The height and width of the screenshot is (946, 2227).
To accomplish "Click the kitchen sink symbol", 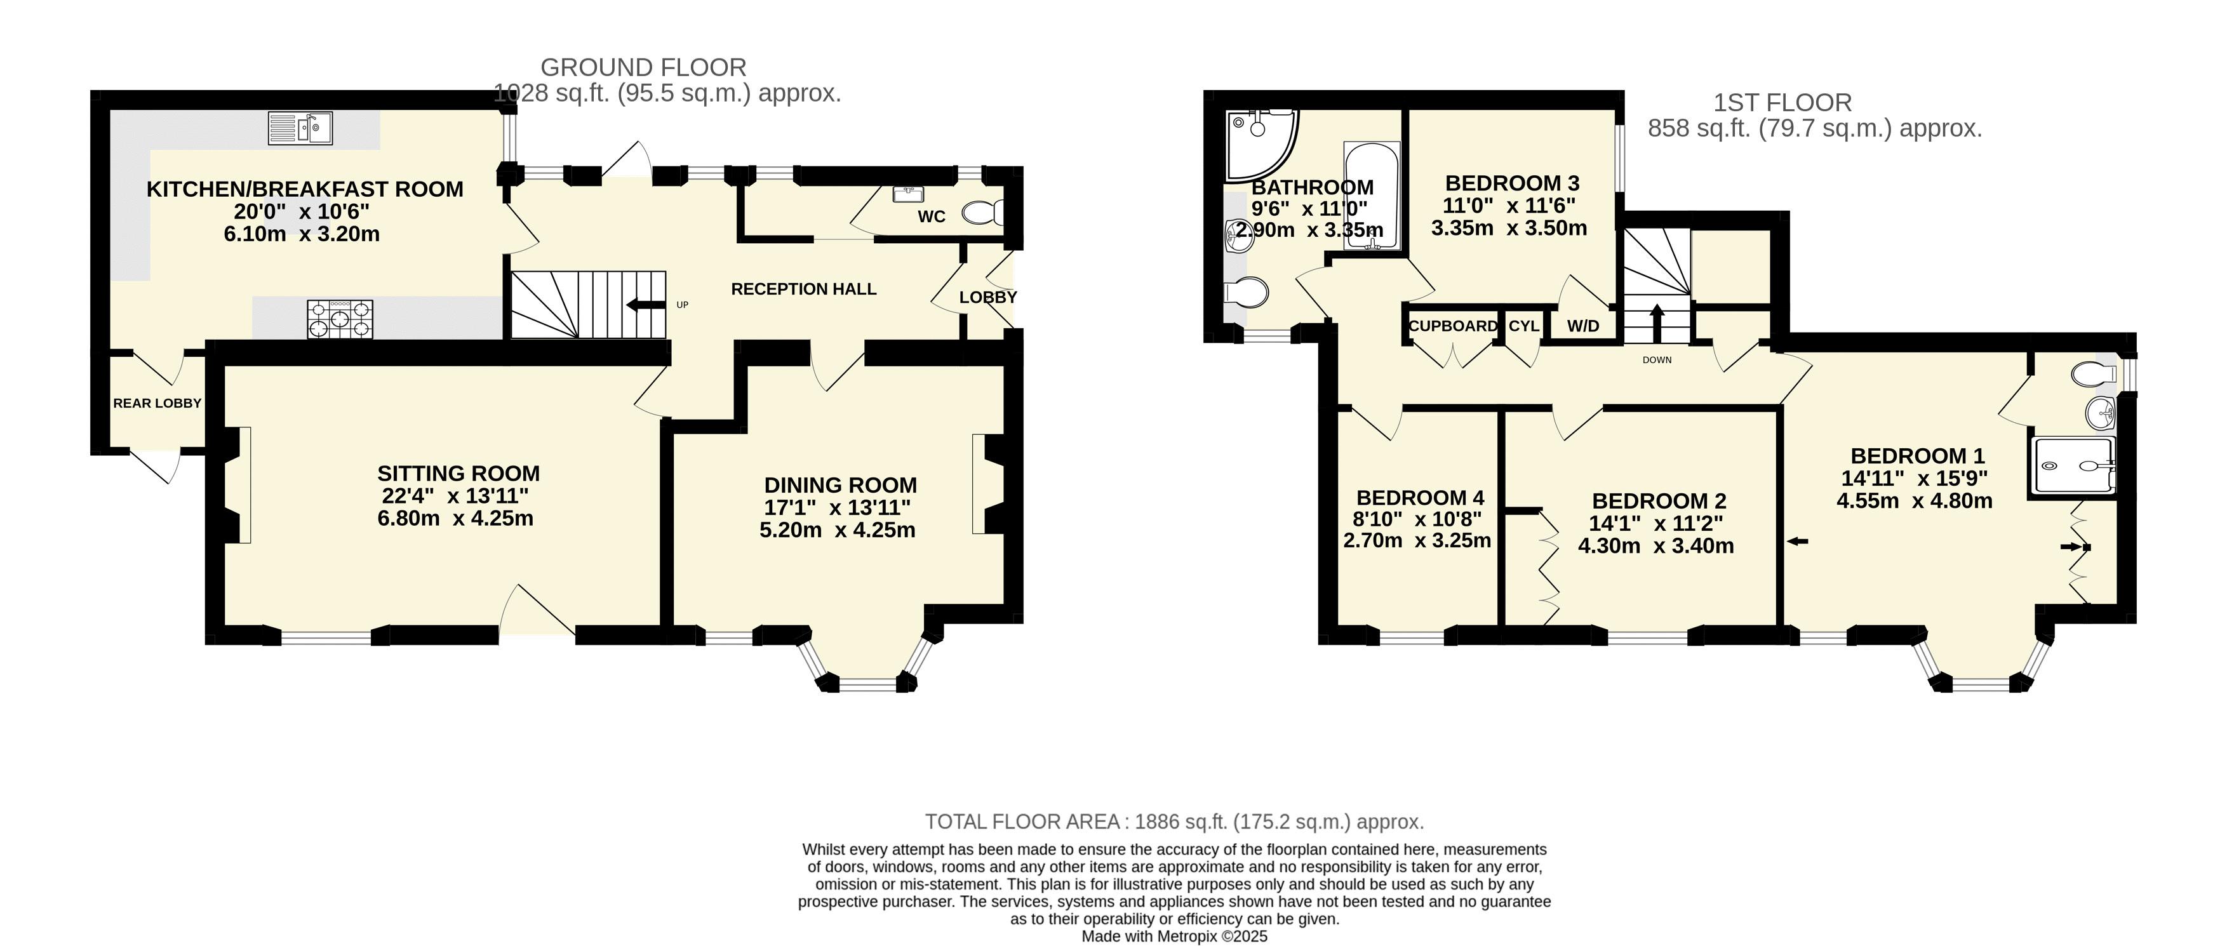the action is click(300, 128).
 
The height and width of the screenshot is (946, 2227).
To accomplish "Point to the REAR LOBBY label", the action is click(157, 403).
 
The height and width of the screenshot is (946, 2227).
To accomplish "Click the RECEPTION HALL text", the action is click(804, 289).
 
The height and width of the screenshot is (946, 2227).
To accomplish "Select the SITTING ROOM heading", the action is click(458, 473).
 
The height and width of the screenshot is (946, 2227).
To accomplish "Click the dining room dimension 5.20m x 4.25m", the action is click(837, 530).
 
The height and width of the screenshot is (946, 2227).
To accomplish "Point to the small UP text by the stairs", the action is click(682, 304).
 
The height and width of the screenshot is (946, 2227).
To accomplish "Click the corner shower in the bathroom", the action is click(1261, 145).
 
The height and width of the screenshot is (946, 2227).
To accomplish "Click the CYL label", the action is click(1524, 326).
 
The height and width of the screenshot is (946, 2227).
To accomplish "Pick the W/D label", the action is click(1583, 326).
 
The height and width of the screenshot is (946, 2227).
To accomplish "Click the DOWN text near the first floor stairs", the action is click(1657, 360).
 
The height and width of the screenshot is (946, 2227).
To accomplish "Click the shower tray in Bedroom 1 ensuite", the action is click(2072, 466).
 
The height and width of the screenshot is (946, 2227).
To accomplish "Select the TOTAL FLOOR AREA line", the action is click(1174, 822).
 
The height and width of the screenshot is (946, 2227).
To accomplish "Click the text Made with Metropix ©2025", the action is click(1175, 936).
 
